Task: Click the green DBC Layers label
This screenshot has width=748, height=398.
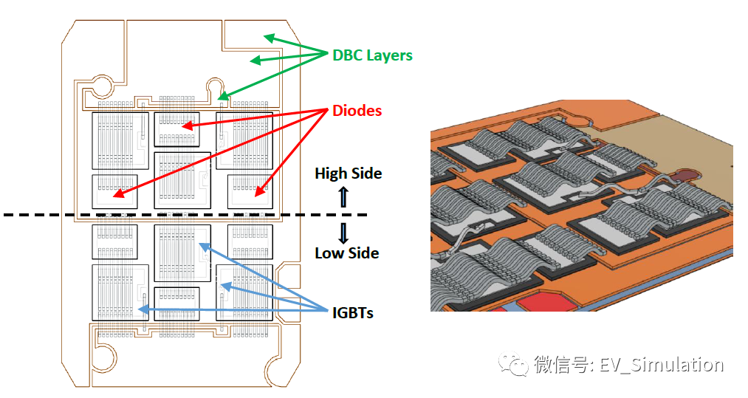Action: point(372,55)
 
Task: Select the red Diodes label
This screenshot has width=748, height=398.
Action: point(357,111)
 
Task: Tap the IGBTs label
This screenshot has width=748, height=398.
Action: point(352,313)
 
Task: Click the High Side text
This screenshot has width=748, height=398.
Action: point(348,174)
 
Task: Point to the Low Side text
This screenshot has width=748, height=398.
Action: point(346,253)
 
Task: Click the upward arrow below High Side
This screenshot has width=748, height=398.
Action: point(343,197)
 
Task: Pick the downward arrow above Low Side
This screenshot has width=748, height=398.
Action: point(343,233)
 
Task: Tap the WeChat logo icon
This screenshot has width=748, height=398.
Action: point(514,364)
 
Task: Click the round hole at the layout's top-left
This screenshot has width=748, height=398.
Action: point(101,87)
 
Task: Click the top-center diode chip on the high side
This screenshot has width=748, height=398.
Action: point(176,128)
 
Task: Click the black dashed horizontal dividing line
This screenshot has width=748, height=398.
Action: point(185,216)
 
